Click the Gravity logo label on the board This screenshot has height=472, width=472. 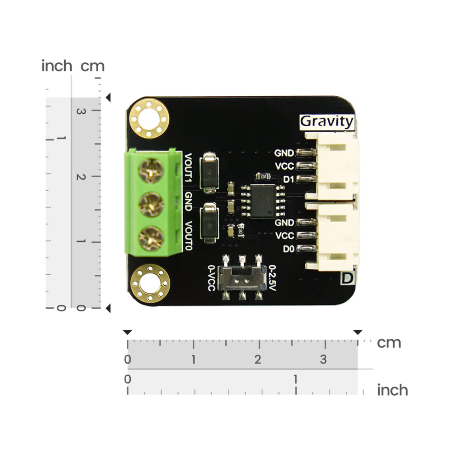point(327,122)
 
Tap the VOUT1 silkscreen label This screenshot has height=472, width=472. point(189,168)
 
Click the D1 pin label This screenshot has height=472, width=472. point(289,179)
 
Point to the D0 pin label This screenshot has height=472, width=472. point(289,249)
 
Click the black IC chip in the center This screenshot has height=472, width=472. point(262,201)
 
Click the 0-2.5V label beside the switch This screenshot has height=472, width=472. point(272,278)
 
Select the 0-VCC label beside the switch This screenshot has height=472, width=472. point(212,278)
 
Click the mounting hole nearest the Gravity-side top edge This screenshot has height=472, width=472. point(149,119)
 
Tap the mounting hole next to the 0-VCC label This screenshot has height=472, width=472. point(150,284)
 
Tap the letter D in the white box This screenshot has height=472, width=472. point(347,279)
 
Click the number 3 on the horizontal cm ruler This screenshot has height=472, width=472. point(323,359)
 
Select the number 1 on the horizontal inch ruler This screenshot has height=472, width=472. point(295,380)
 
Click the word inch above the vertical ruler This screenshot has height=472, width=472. point(57,66)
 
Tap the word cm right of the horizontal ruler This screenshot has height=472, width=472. point(389,343)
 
